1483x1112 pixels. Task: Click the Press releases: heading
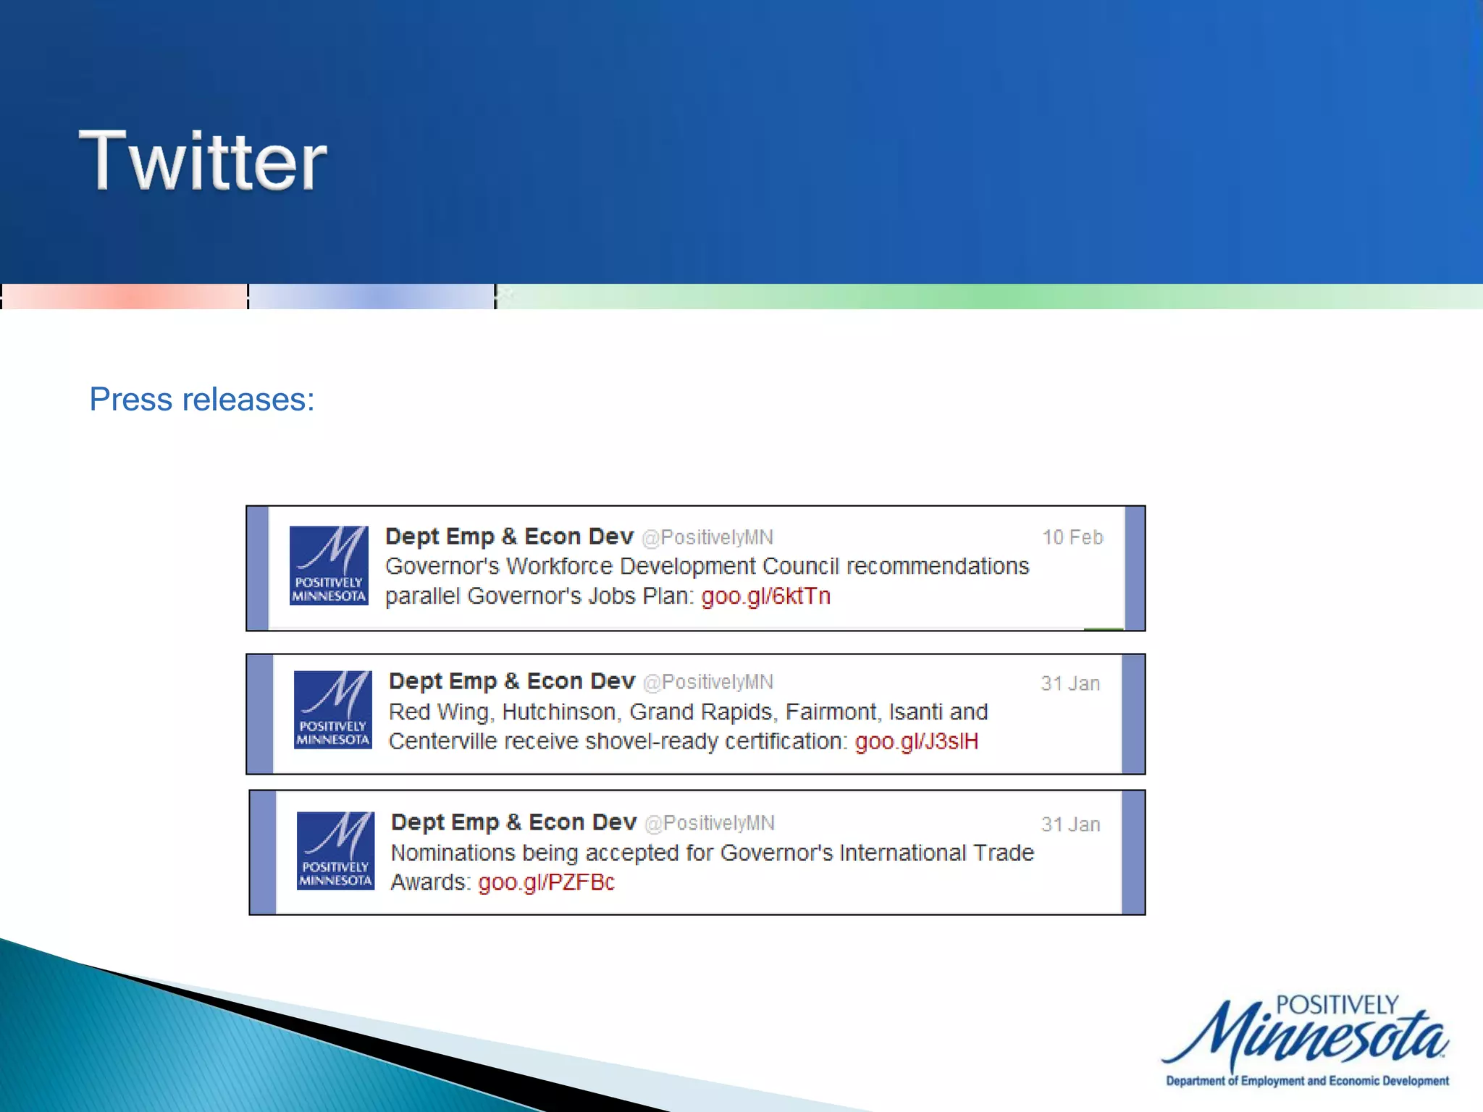(202, 399)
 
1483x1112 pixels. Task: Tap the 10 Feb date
(1072, 537)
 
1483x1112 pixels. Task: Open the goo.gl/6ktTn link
(765, 596)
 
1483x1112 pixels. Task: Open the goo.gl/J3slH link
(916, 741)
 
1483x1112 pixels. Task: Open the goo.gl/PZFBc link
(546, 882)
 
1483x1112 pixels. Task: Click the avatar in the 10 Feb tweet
(329, 565)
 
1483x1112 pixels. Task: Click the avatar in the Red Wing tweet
(333, 709)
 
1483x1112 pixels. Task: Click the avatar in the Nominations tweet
(336, 851)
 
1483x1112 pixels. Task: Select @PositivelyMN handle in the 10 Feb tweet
(707, 537)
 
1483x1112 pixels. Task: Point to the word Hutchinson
(561, 712)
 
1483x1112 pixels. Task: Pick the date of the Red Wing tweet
(1070, 683)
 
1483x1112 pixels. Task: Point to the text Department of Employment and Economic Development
(1307, 1081)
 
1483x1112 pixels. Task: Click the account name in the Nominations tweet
(513, 822)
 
